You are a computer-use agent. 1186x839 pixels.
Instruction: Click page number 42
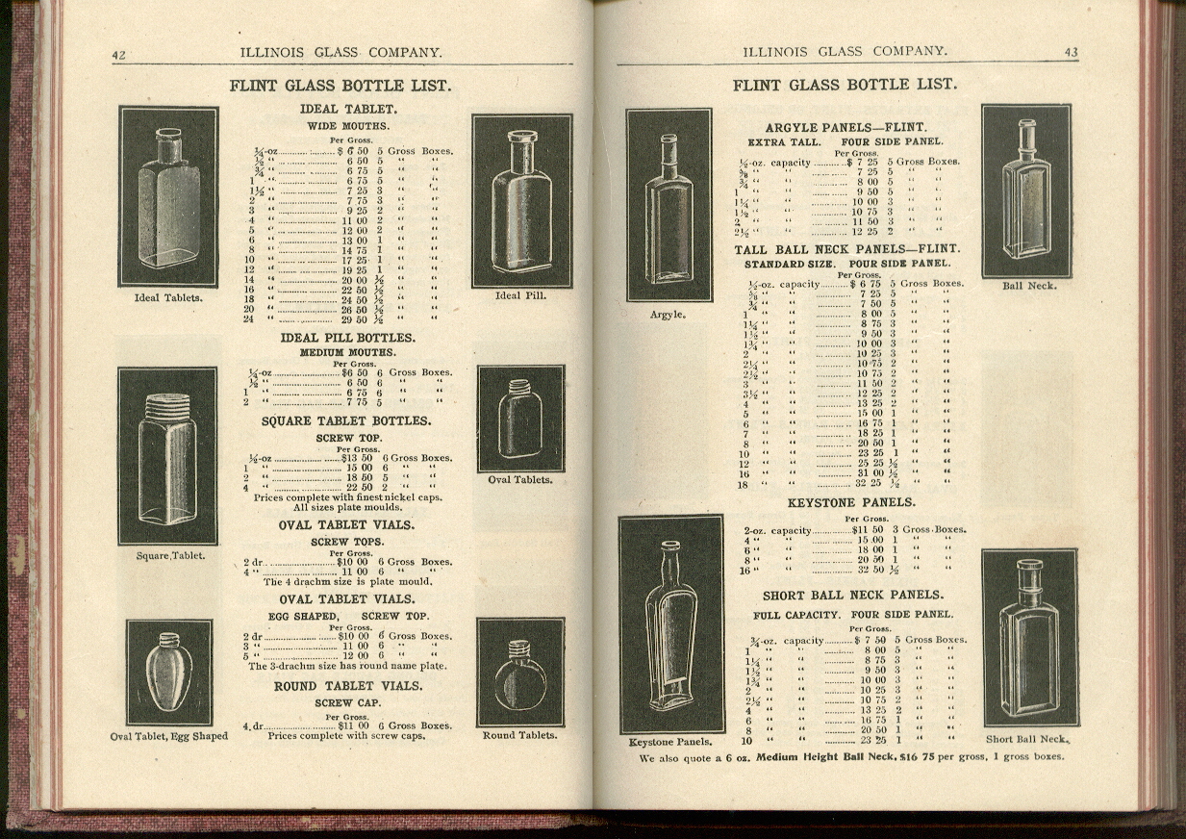click(119, 55)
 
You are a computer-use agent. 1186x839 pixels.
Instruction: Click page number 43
click(1071, 52)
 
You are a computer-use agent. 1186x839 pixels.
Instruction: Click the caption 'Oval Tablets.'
click(520, 479)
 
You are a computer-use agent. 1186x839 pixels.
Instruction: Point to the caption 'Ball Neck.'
click(1029, 286)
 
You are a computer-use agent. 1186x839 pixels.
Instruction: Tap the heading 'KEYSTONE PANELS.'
click(851, 503)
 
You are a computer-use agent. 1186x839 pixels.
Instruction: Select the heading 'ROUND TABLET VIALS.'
click(348, 686)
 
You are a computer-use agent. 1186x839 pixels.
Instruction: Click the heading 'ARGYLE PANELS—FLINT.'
click(845, 128)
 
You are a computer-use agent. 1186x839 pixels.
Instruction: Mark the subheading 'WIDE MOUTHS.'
click(348, 126)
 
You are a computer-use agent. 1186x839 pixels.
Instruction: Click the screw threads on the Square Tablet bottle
click(167, 409)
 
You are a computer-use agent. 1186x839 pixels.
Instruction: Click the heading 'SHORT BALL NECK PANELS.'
click(853, 596)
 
